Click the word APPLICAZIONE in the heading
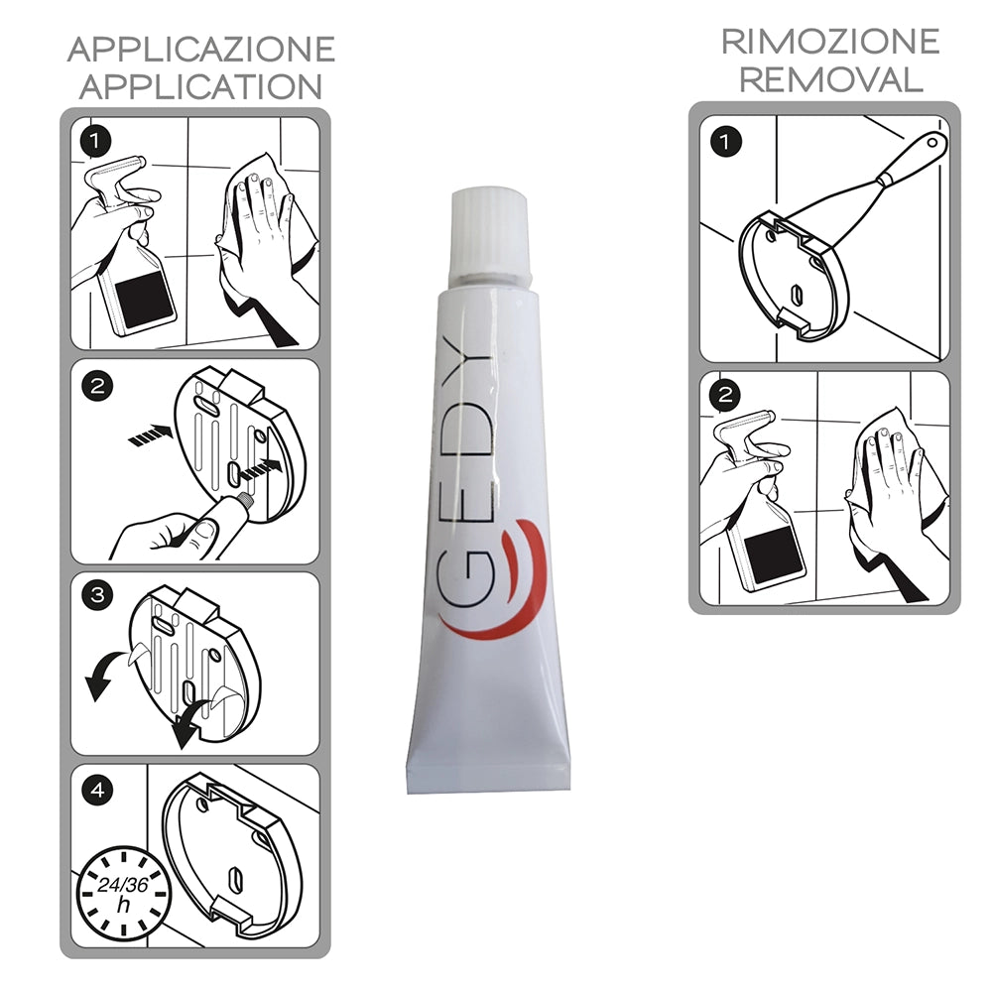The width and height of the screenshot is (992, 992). point(200,49)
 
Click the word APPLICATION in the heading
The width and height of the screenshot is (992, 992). point(200,86)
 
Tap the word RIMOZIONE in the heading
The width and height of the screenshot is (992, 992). point(829,42)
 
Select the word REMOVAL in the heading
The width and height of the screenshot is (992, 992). point(829,79)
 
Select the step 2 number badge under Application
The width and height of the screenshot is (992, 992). point(95,387)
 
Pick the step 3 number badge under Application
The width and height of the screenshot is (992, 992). point(95,595)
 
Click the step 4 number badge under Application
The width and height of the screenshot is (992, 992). point(95,791)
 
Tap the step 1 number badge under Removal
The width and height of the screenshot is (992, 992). point(726,143)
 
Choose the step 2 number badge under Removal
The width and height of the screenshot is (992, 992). point(726,396)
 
